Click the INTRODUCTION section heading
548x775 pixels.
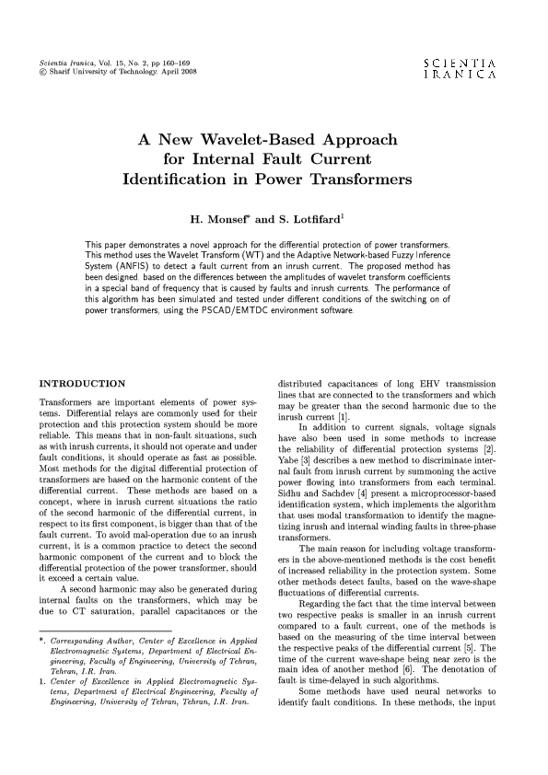point(80,382)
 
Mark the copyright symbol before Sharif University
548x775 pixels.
point(34,71)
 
